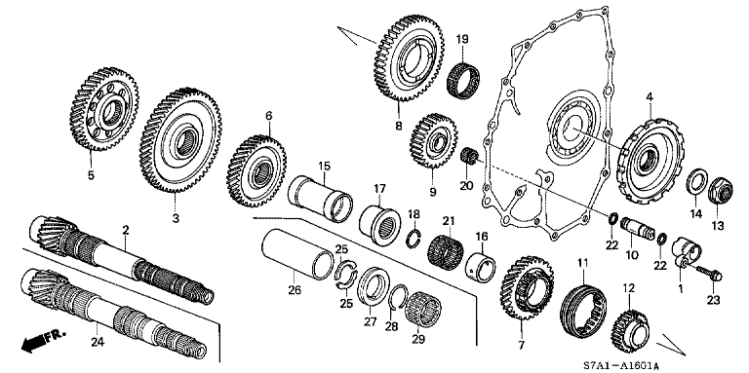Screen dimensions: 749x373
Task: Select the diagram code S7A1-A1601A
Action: [x=621, y=366]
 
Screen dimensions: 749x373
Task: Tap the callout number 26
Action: [x=295, y=290]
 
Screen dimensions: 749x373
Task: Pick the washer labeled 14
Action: [x=696, y=182]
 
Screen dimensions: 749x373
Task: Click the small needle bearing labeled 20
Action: [x=468, y=156]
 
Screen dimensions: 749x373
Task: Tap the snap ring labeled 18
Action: [x=414, y=239]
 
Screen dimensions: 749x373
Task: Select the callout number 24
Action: [x=97, y=341]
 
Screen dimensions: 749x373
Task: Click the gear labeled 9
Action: [x=433, y=140]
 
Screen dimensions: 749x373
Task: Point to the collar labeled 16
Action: [x=480, y=264]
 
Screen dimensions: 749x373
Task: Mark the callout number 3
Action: [x=176, y=218]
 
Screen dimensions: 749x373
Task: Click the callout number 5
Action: [x=91, y=175]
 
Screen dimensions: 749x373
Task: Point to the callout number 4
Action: [x=650, y=97]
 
